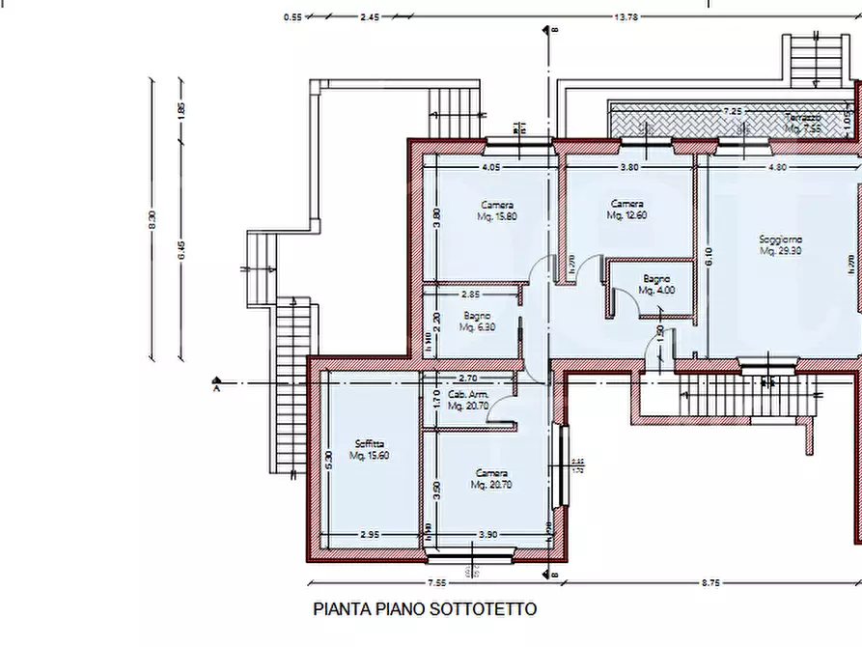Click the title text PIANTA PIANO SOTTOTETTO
425,609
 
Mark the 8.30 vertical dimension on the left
152,221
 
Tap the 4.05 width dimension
490,167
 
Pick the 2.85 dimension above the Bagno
470,294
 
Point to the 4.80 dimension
778,167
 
